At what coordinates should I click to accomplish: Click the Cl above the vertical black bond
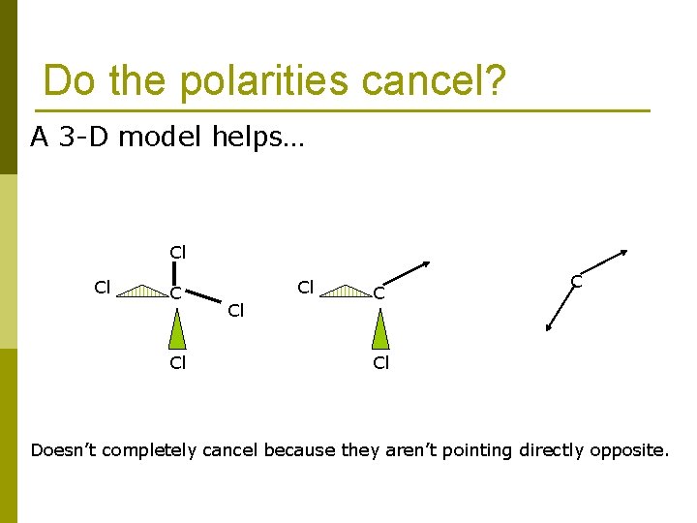tap(178, 252)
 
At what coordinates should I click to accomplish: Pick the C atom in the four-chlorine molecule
tap(176, 292)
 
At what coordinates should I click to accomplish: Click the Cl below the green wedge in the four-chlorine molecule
tap(178, 363)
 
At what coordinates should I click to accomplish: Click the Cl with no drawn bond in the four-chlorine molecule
tap(235, 311)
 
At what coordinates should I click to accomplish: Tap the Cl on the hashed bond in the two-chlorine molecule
tap(306, 288)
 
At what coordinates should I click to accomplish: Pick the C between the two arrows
tap(576, 282)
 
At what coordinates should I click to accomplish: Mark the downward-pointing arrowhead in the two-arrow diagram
tap(549, 327)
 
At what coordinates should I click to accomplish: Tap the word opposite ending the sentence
tap(631, 449)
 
